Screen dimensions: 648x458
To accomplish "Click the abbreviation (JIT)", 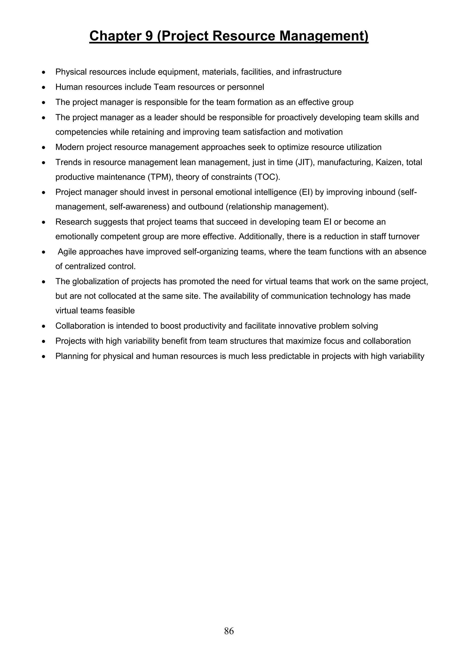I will pos(304,162).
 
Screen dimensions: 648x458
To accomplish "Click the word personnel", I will pos(246,87).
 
